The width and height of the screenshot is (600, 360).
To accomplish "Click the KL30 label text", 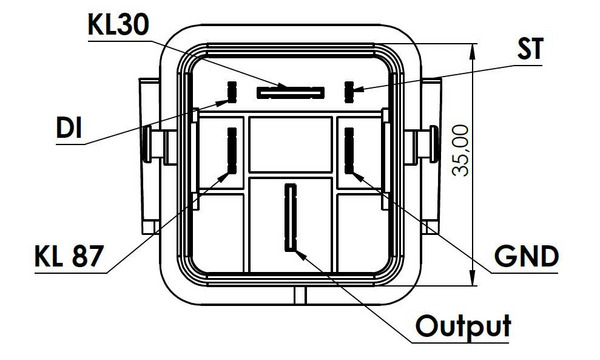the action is point(118,25).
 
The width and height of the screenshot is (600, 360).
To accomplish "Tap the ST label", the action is point(530,49).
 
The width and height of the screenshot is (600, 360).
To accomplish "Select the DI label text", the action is point(69,127).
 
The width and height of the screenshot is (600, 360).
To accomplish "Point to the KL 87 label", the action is point(69,256).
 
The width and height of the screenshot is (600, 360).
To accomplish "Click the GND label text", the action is point(526,256).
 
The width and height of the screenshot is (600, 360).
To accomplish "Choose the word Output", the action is point(463,326).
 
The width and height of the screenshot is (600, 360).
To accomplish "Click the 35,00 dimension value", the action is point(460,151).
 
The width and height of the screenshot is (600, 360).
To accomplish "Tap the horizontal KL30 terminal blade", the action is point(290,93).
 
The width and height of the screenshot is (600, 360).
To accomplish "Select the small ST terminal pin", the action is point(349,92).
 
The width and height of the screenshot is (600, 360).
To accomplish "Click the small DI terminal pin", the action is point(232,92).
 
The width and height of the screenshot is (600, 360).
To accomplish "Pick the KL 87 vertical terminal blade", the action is point(232,150).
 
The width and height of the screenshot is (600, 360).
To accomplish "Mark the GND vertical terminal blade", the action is point(349,150).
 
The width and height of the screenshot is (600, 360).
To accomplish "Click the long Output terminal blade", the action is point(291,217).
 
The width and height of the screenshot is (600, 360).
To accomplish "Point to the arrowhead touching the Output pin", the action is point(301,255).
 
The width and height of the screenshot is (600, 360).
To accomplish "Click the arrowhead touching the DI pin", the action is point(223,103).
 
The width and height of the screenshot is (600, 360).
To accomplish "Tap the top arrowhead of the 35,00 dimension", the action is point(473,52).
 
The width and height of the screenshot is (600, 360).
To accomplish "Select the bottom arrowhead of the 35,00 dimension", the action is point(473,277).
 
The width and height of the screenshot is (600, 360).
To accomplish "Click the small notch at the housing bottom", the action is point(300,295).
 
